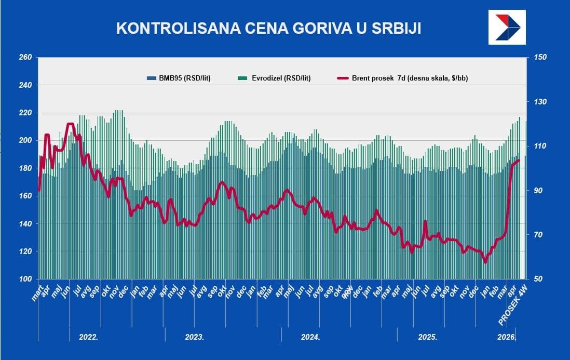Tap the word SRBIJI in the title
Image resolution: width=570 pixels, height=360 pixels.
pos(395,29)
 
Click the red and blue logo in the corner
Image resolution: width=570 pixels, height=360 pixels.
pos(507,28)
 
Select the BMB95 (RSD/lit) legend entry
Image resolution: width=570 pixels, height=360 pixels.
pos(178,78)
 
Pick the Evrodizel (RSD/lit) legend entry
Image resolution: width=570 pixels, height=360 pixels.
pos(274,78)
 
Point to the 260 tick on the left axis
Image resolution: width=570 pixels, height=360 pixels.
pos(25,57)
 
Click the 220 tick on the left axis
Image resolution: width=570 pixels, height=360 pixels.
pos(25,113)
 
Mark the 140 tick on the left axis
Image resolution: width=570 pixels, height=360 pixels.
pos(25,223)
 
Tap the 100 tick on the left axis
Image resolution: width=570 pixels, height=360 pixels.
pos(25,279)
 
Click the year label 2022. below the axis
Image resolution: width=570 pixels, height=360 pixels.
pos(88,337)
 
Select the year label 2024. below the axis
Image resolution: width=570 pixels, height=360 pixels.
pos(310,337)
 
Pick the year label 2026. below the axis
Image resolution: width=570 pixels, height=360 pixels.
pos(507,337)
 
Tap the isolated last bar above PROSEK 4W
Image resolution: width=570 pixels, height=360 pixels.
pos(525,200)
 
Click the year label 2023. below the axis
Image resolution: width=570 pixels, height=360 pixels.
pos(195,337)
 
